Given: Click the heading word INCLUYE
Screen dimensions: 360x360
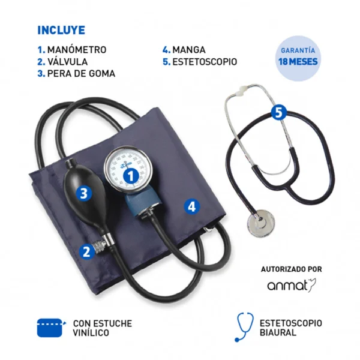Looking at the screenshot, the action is pos(61,30).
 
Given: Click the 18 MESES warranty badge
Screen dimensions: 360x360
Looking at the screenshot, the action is pos(298,58).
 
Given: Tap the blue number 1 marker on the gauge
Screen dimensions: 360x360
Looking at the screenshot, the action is pos(131,176).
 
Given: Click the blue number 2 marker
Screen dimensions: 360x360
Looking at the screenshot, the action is pos(86,252).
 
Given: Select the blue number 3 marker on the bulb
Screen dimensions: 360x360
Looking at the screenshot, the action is pos(84,193).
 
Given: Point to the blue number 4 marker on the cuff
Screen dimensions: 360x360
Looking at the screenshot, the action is pos(192,206).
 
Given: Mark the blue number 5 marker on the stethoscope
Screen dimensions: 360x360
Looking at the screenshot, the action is pos(278,113).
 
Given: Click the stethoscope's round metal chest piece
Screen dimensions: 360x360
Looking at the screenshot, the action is pos(261,223).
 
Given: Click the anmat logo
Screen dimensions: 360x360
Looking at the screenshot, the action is pos(292,286).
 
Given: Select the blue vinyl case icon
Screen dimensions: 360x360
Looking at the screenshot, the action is pos(51,328).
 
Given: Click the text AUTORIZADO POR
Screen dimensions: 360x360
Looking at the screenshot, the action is pos(292,269).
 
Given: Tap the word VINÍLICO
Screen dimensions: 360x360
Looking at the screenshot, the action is pos(91,332).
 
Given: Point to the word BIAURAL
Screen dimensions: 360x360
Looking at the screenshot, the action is pos(278,332).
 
